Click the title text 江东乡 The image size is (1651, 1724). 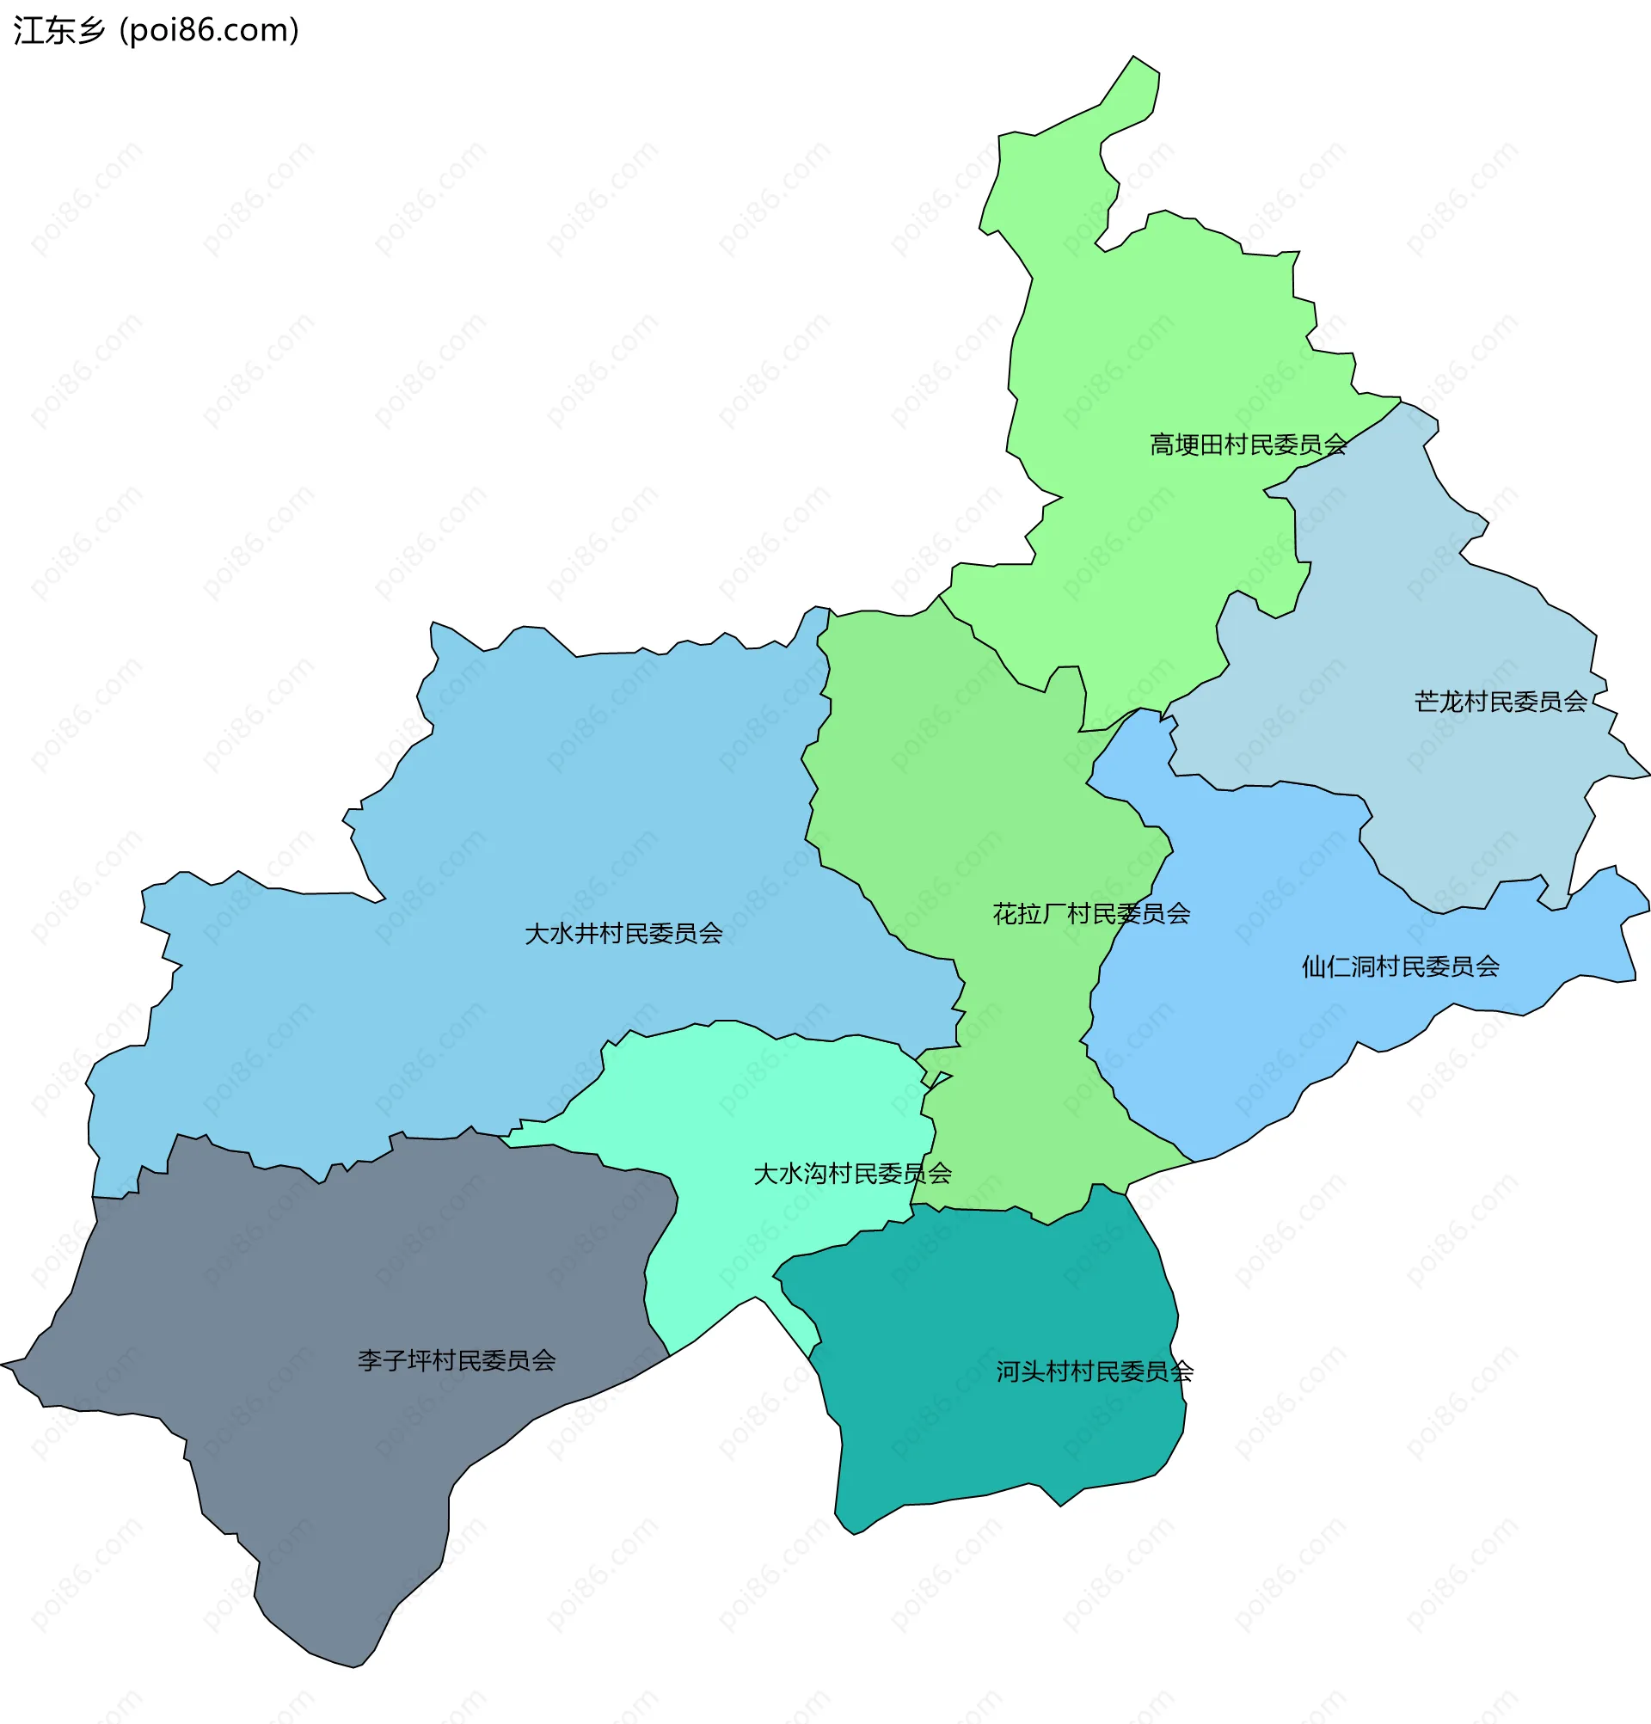tap(58, 31)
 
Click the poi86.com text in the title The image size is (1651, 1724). tap(209, 31)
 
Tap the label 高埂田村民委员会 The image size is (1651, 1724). tap(1247, 445)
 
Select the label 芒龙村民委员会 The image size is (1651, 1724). tap(1500, 702)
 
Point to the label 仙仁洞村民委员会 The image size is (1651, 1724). tap(1399, 967)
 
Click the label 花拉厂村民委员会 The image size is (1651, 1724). tap(1090, 915)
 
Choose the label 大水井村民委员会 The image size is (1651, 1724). tap(623, 934)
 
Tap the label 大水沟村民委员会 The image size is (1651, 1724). tap(851, 1175)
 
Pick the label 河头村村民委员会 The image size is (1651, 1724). tap(1093, 1372)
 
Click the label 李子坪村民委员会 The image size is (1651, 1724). tap(456, 1362)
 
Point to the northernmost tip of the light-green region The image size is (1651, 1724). tap(1134, 58)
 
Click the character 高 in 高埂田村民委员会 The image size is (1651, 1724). tap(1161, 445)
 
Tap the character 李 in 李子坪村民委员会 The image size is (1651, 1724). tap(370, 1362)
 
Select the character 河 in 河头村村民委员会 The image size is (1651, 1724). tap(1007, 1372)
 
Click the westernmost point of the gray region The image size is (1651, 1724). tap(3, 1365)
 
